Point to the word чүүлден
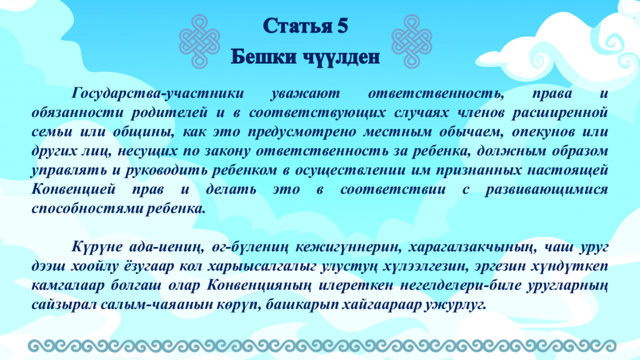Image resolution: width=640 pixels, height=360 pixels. coord(341,57)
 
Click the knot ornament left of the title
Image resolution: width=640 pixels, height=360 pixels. coord(199,41)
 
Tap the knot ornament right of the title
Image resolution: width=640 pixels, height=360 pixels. coord(411,41)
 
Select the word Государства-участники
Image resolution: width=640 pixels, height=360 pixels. coord(158,94)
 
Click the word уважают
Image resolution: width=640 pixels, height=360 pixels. coord(305,94)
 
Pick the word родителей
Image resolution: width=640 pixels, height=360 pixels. coord(169,112)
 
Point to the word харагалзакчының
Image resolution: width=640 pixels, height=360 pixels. coord(471,247)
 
